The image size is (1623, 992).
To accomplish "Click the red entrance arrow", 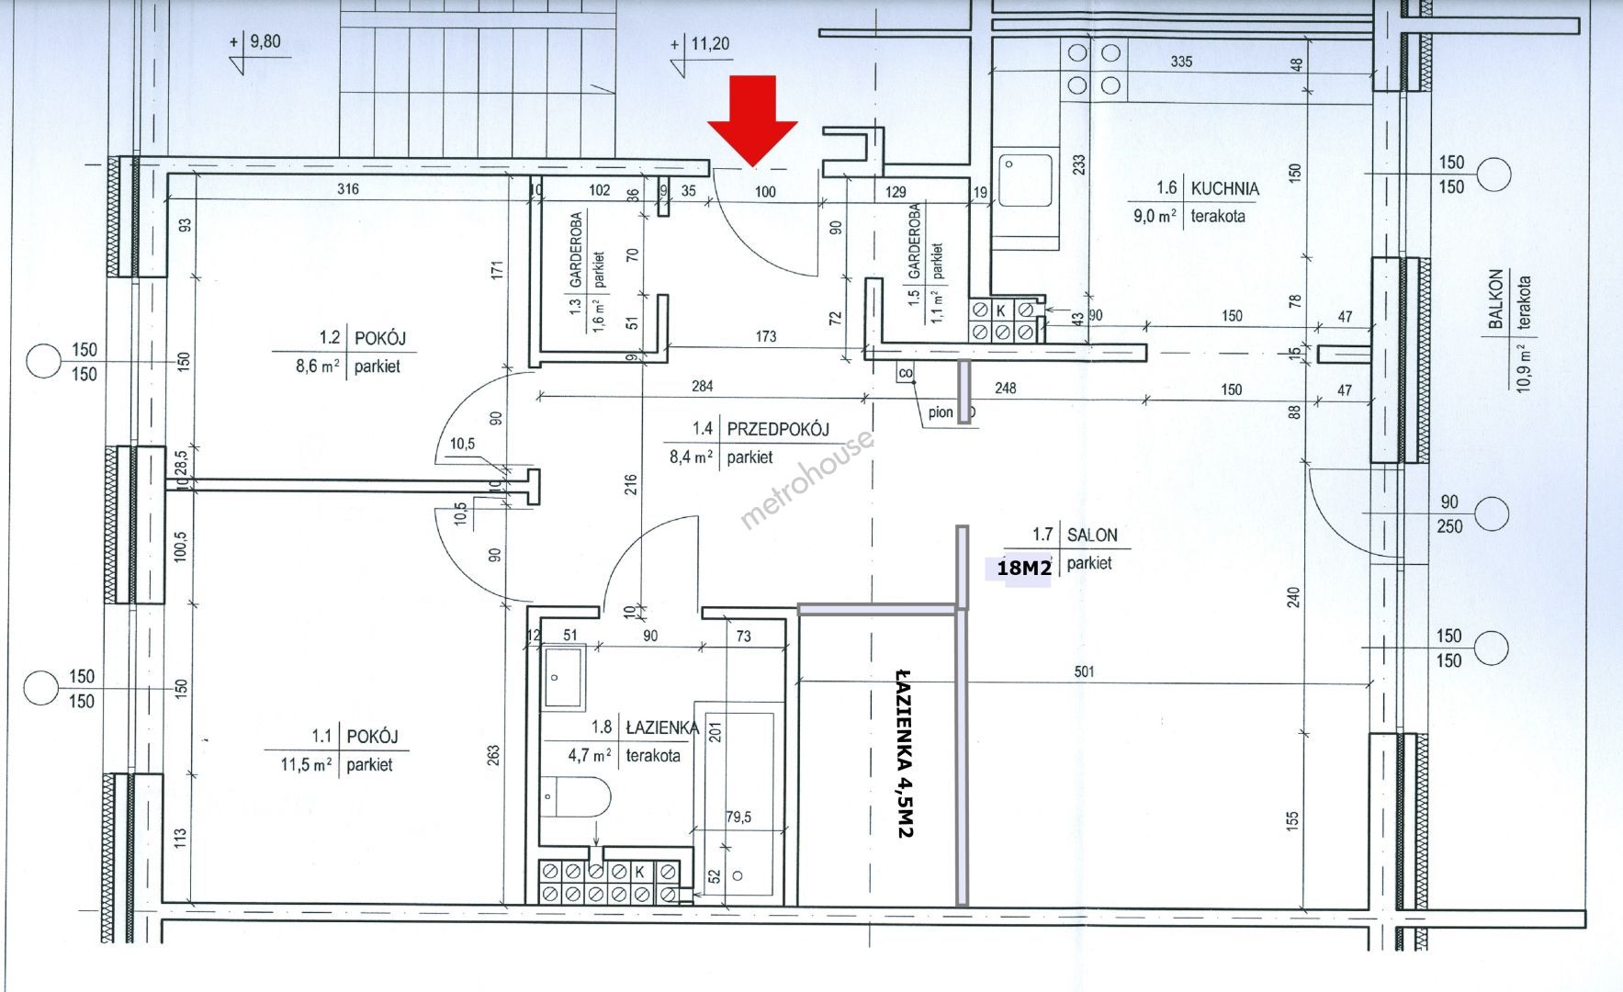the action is (x=752, y=121).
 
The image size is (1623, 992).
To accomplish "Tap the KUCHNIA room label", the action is (x=1224, y=188).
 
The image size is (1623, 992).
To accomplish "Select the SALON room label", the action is (x=1091, y=535).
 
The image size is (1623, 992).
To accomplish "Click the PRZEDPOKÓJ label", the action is (x=778, y=428).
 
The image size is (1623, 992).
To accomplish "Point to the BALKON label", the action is (x=1496, y=299).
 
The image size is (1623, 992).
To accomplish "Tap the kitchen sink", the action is (x=1026, y=181).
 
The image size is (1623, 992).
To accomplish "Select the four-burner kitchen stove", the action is (x=1094, y=69).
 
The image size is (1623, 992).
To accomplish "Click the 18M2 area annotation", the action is (x=1023, y=569).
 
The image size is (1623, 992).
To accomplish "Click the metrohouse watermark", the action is (x=806, y=479).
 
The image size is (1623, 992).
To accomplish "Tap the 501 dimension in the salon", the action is (x=1084, y=671).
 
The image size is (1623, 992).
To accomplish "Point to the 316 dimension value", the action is (x=347, y=190).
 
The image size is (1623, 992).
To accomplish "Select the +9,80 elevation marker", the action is (x=256, y=41).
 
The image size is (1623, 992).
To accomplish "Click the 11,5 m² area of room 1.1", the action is (x=297, y=763).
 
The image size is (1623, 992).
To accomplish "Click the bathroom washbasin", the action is (x=563, y=677).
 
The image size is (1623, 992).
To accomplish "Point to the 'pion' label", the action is (x=941, y=412).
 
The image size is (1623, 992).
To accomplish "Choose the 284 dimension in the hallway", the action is (x=702, y=387).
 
